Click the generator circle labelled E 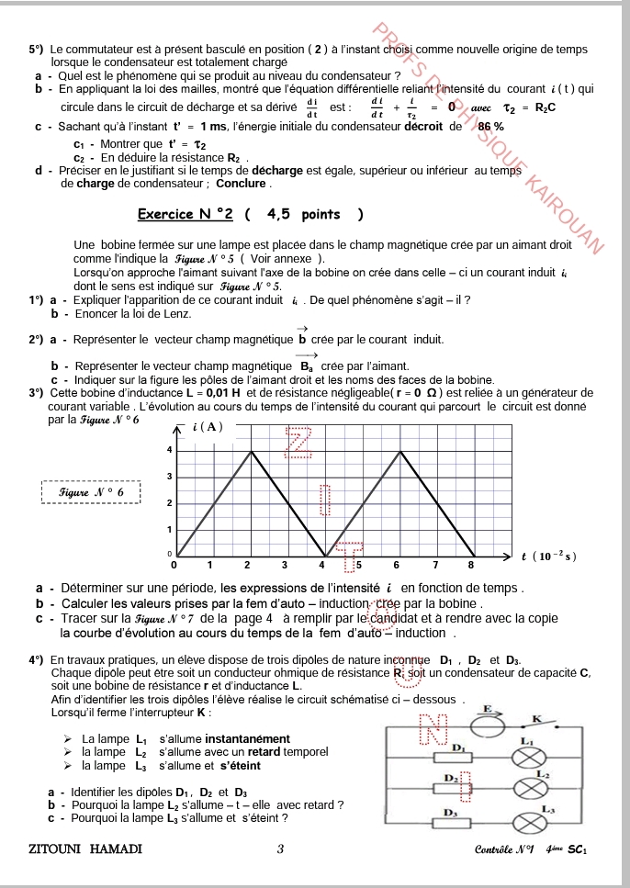tap(489, 722)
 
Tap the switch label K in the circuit tap(537, 718)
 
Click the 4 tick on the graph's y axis tap(168, 450)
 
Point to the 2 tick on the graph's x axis tap(247, 564)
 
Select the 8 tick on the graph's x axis tap(471, 564)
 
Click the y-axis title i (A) tap(208, 426)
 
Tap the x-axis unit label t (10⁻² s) tap(548, 556)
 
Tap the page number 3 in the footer tap(280, 849)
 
